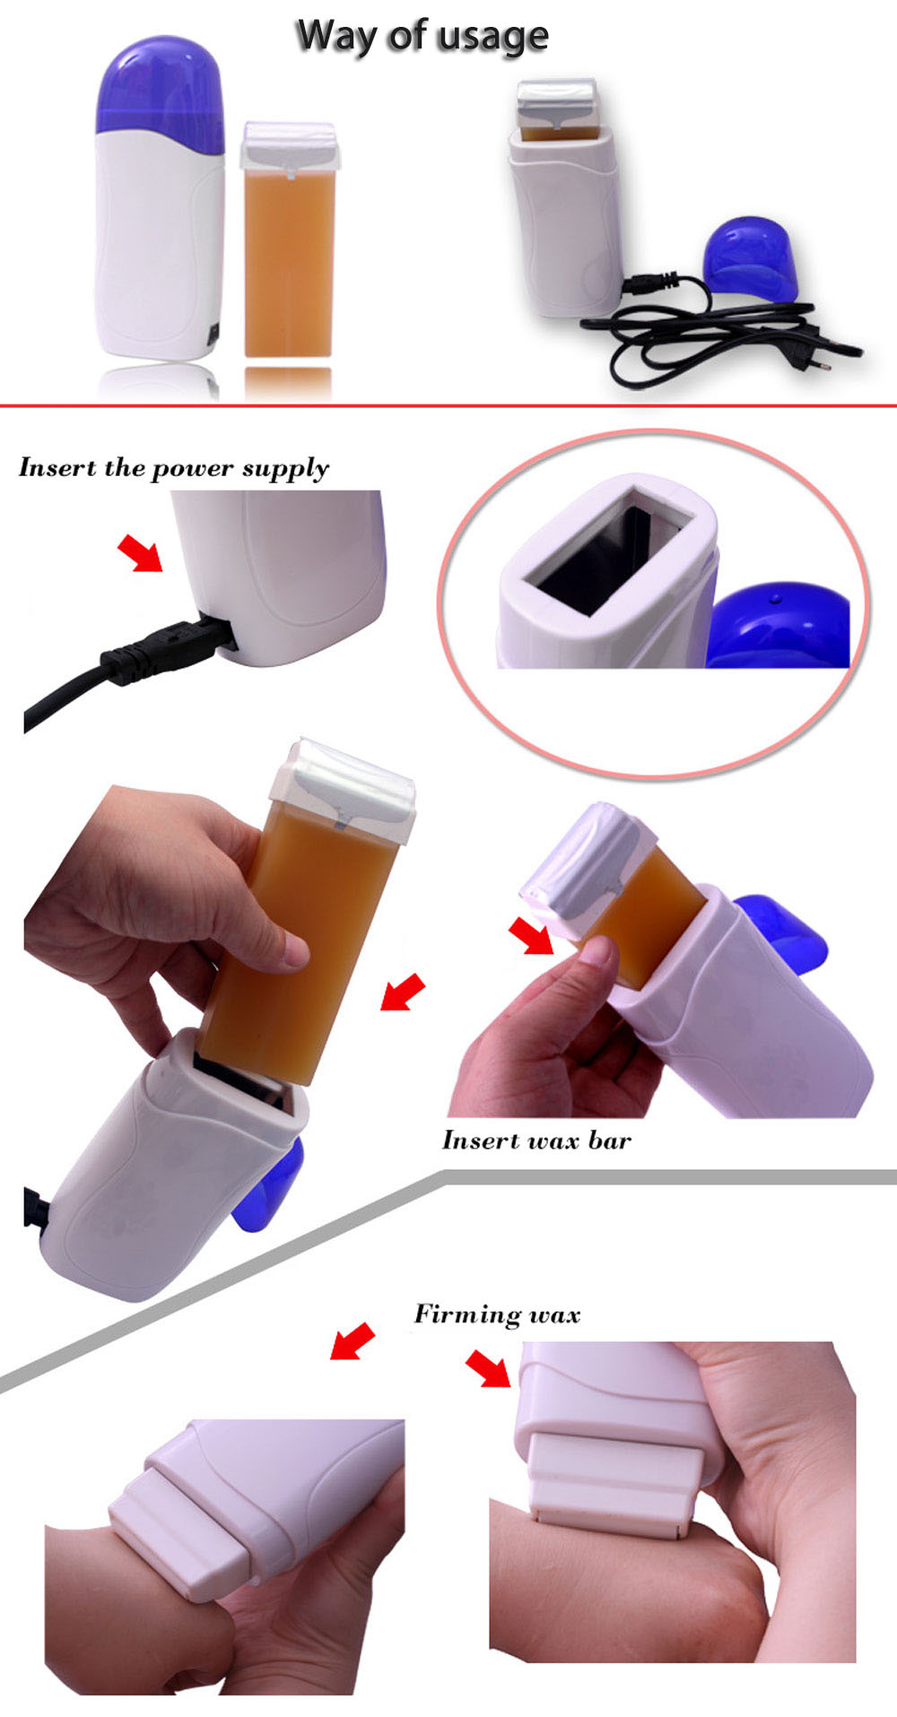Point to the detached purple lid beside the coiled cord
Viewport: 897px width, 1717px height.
[x=752, y=259]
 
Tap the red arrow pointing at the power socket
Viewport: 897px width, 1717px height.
[x=140, y=552]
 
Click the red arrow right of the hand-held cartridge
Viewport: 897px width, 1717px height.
[x=403, y=992]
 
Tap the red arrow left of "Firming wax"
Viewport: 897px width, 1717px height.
[x=353, y=1341]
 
